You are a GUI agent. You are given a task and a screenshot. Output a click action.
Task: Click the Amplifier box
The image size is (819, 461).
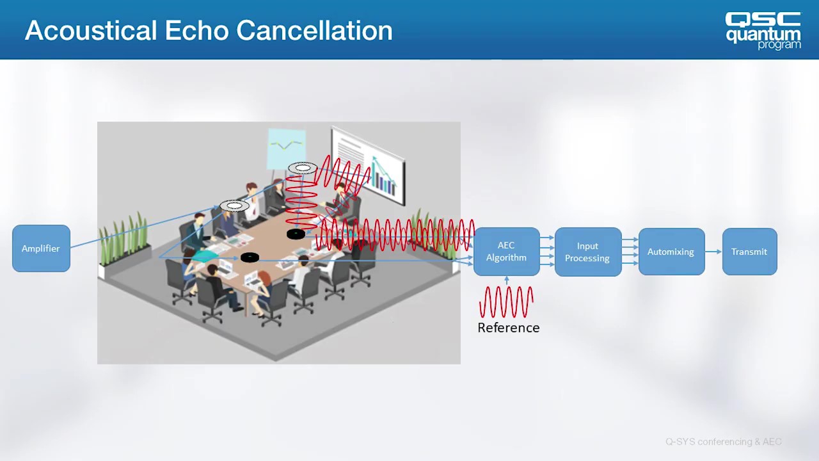point(42,248)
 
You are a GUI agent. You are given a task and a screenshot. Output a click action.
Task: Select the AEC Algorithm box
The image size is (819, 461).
point(507,252)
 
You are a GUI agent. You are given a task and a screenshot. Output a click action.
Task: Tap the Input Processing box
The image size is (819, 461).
point(588,252)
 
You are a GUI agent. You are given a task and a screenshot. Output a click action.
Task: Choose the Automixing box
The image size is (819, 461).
point(672,252)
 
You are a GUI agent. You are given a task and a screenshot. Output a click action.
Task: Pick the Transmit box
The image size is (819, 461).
point(749,252)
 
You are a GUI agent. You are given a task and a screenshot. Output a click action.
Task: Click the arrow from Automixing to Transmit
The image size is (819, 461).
point(713,252)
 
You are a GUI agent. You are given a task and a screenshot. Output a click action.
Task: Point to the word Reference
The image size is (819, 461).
point(509,327)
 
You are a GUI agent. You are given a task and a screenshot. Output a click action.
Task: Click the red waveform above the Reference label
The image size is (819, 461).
point(506,302)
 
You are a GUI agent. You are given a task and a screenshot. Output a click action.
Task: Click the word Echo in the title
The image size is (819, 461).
point(196,30)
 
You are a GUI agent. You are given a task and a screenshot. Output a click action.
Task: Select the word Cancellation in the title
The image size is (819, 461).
point(314,30)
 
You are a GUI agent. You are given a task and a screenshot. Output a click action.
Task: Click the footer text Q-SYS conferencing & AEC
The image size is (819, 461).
point(724,442)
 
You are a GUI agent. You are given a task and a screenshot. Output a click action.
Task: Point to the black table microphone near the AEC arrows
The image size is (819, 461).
point(296,234)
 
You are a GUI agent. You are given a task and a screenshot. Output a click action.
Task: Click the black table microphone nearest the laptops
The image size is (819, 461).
point(250,257)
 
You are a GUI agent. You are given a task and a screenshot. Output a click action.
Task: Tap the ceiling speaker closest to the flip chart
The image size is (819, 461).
point(303,168)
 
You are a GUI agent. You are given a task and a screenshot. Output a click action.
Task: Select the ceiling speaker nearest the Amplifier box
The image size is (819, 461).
point(234,206)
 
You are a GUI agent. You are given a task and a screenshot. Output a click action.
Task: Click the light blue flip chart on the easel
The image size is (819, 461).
point(286,149)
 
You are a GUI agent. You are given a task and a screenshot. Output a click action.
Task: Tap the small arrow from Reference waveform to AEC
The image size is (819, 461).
point(507,280)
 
